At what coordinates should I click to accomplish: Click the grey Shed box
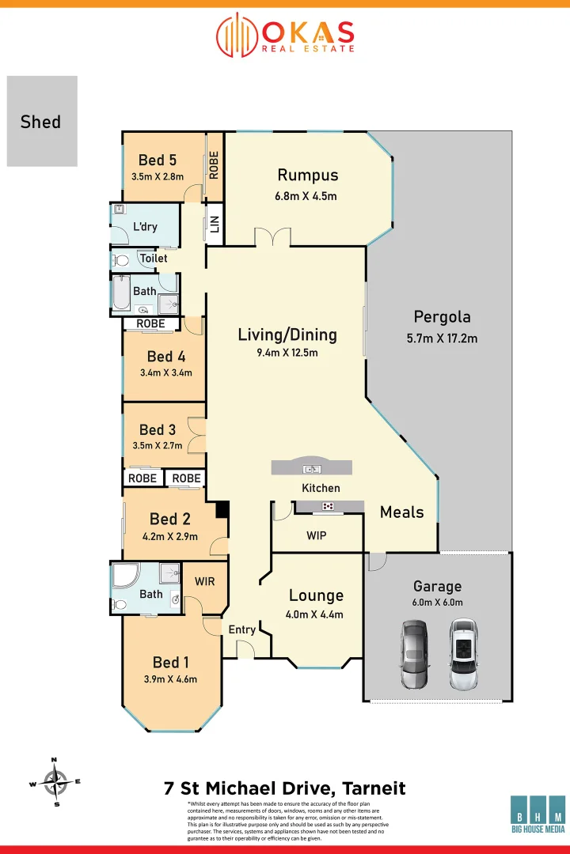(42, 121)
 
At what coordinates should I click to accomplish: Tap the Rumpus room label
(307, 176)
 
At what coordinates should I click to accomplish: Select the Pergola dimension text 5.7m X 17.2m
(442, 338)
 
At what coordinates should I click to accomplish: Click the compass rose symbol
(55, 782)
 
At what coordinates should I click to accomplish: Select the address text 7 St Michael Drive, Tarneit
(284, 788)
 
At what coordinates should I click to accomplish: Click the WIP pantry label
(317, 535)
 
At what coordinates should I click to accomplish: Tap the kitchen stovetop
(328, 507)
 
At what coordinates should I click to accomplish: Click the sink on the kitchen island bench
(313, 469)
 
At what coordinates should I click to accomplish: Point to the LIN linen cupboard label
(214, 225)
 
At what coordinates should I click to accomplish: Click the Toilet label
(154, 259)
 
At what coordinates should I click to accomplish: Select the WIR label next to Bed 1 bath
(205, 581)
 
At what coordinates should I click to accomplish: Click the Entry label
(241, 629)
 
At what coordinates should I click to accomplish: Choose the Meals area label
(401, 512)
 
